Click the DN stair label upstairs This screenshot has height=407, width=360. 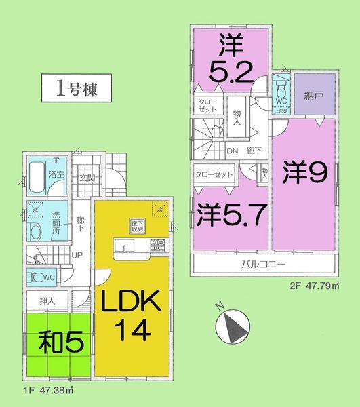click(231, 152)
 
